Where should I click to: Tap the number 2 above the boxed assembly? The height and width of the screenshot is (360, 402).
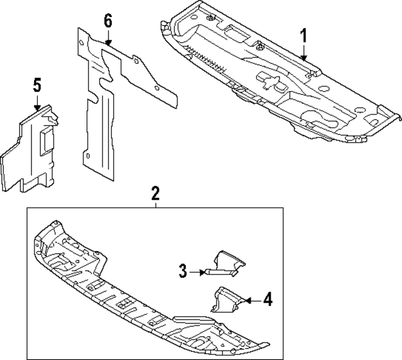pos(156,194)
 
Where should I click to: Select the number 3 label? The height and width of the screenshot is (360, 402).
pos(183,271)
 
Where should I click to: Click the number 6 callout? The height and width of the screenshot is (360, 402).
pos(108,20)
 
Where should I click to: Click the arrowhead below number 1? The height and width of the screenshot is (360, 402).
pos(304,57)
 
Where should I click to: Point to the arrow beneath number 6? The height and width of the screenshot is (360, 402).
pos(108,41)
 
